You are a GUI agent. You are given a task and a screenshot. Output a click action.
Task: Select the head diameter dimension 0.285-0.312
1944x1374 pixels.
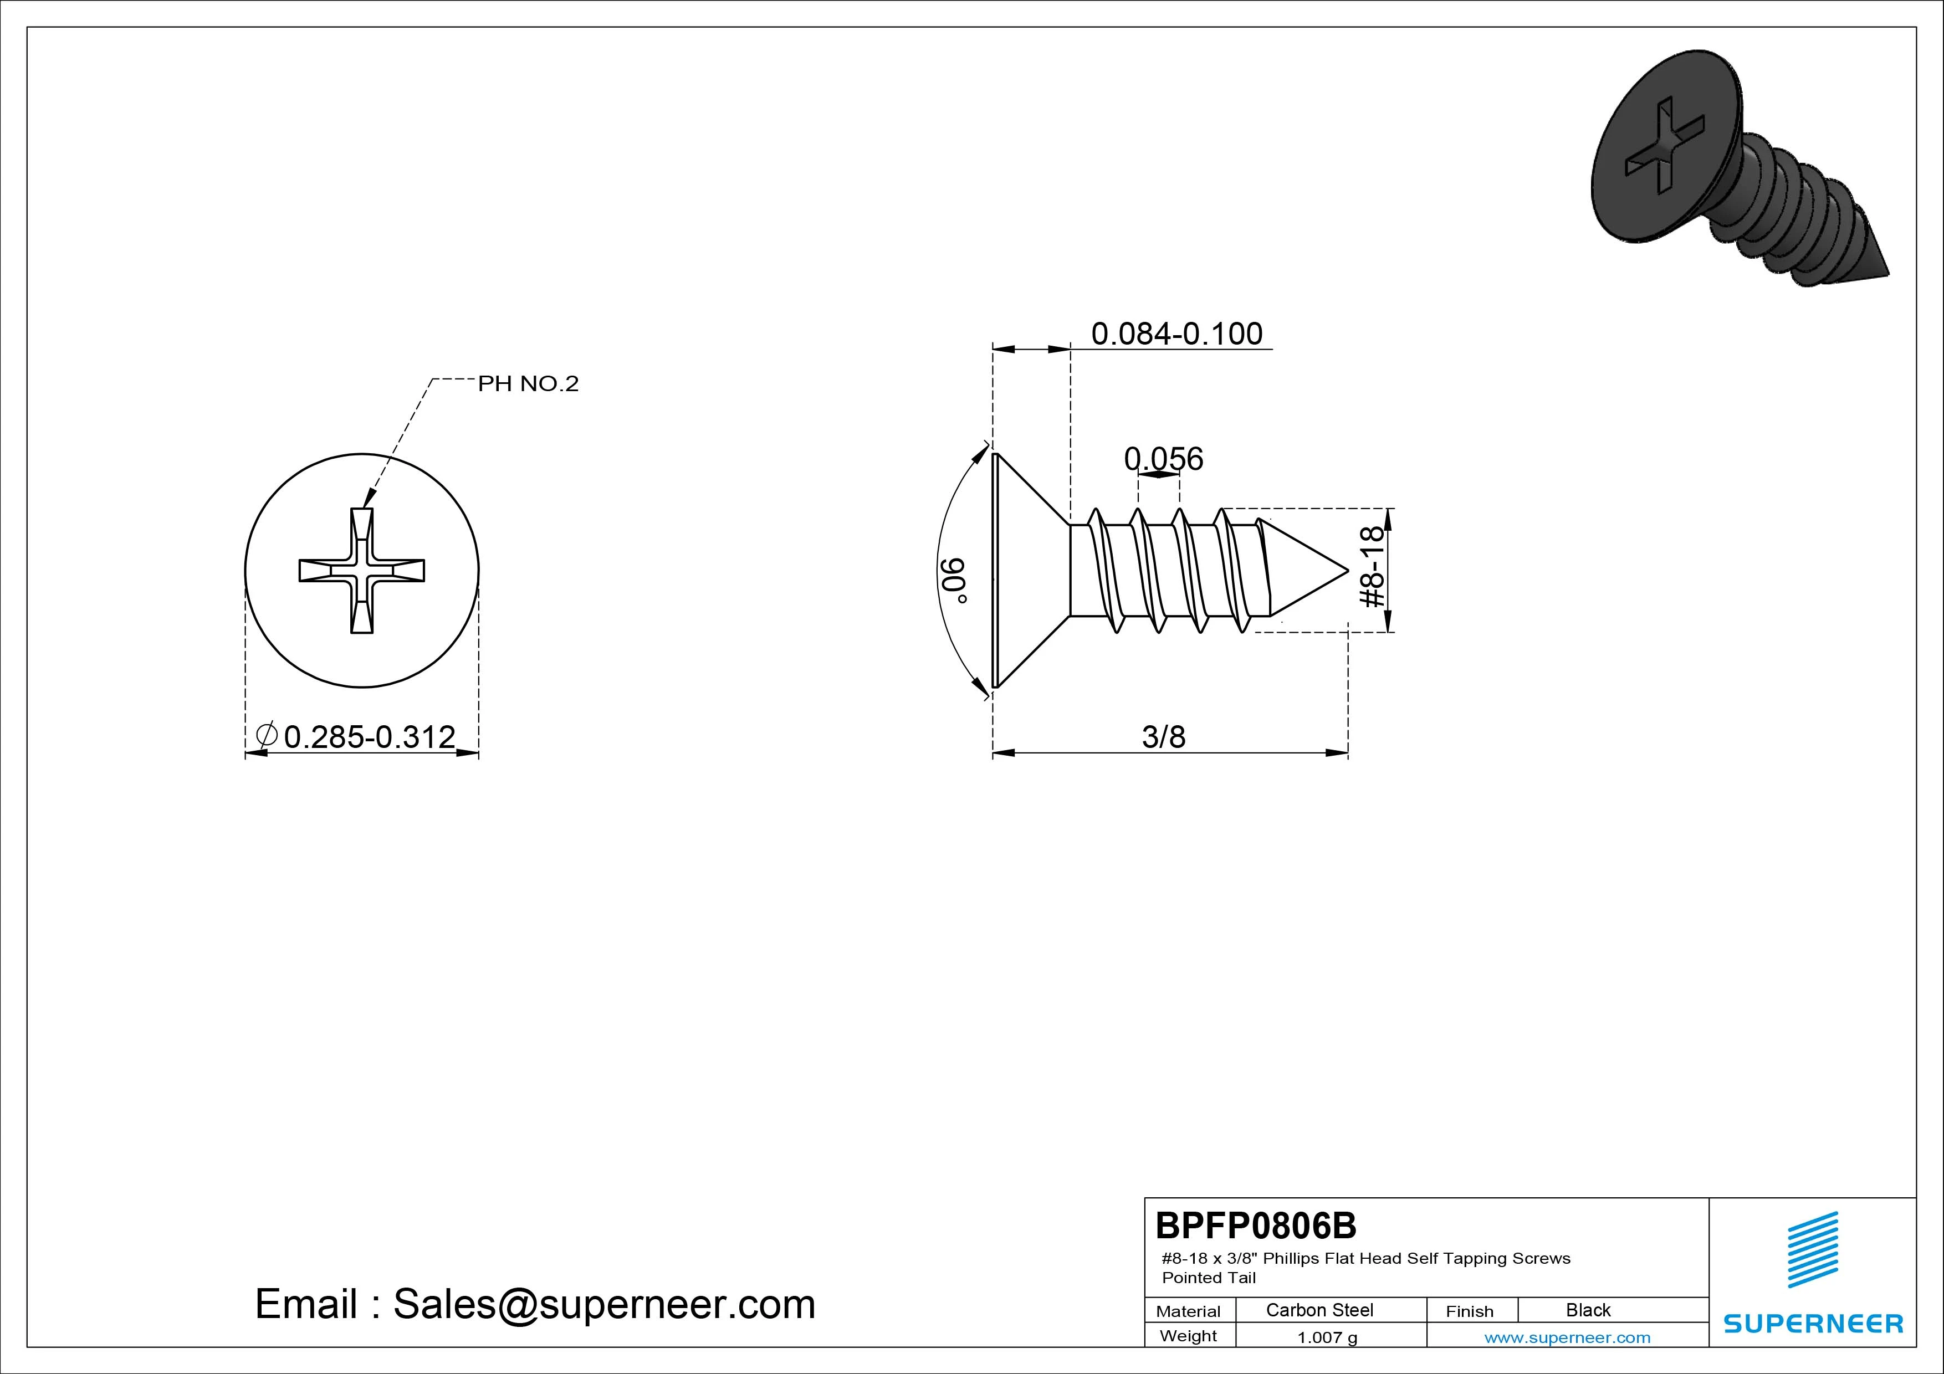(369, 736)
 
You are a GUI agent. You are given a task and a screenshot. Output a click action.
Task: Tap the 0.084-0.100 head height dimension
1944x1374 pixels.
(1177, 334)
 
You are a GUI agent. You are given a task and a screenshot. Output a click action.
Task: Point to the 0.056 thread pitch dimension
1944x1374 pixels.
(1163, 459)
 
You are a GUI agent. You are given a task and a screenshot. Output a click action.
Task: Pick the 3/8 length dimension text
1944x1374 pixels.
(1164, 736)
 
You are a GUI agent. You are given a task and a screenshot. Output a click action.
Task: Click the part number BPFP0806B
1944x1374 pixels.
(1256, 1225)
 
